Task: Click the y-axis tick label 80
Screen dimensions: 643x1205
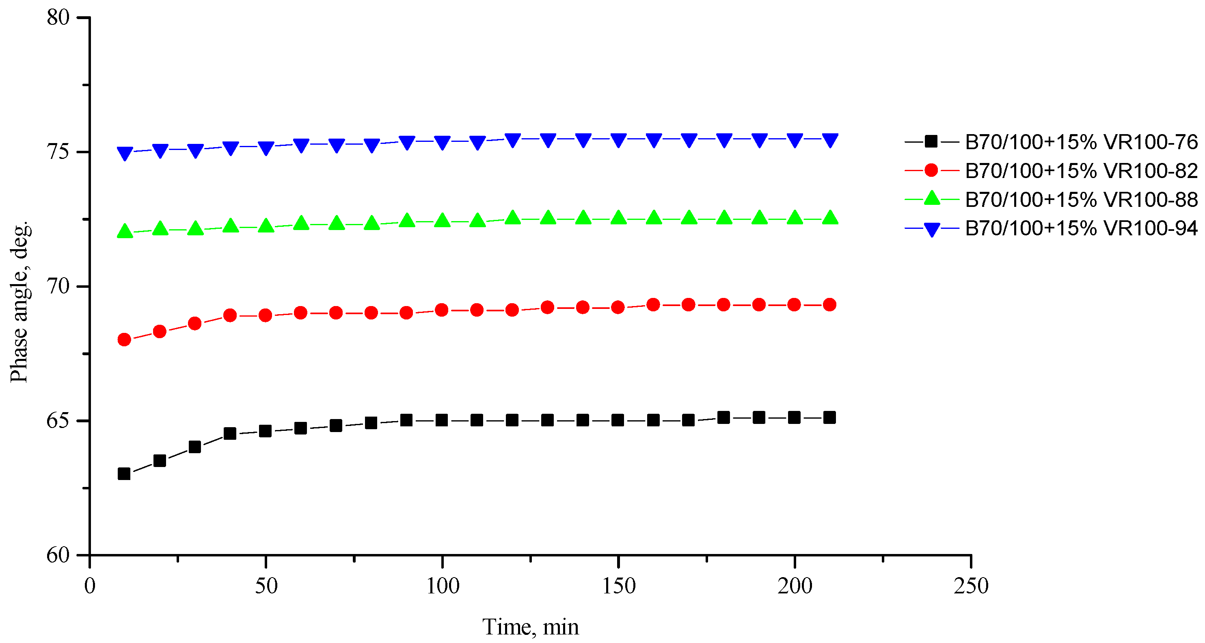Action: click(x=58, y=17)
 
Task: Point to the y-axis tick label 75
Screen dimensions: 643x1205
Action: click(x=58, y=152)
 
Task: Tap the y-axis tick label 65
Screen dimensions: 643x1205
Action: click(x=58, y=421)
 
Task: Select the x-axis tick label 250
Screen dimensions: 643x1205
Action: click(x=971, y=586)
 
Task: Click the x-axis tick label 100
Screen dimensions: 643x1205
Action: click(x=443, y=586)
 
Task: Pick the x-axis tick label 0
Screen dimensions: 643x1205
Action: click(x=89, y=586)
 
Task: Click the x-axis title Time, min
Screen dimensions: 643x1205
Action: click(x=531, y=627)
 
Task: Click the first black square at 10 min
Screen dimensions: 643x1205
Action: click(x=124, y=474)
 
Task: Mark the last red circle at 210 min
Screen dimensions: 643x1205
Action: click(x=829, y=305)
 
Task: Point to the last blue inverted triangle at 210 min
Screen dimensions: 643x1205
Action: click(x=830, y=140)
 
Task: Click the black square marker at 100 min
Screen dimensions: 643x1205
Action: click(x=442, y=420)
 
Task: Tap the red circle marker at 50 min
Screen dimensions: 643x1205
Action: click(x=265, y=315)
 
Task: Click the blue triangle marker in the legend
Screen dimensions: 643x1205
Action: click(x=931, y=229)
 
